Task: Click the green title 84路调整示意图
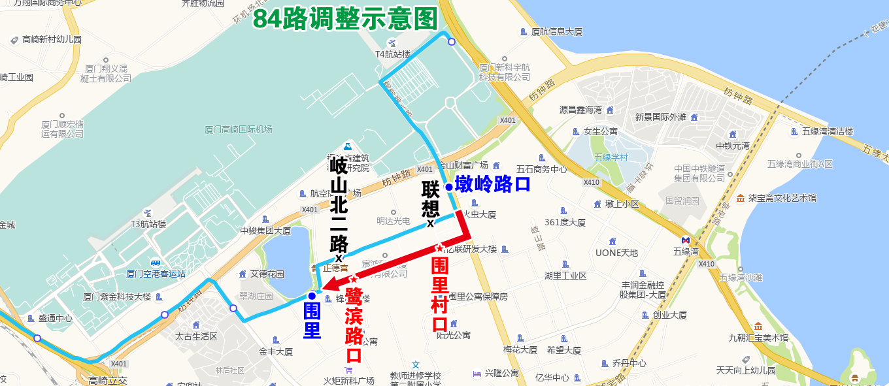point(345,19)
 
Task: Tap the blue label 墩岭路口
point(492,184)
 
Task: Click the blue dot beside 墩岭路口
point(449,187)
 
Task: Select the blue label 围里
point(312,318)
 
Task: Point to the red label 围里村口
point(440,295)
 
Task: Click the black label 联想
point(430,199)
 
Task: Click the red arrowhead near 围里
point(329,285)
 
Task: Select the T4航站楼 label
point(393,54)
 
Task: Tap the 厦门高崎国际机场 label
point(238,129)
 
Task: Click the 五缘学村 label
point(611,157)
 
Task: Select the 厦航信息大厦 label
point(556,31)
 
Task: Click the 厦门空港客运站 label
point(156,274)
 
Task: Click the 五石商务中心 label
point(541,169)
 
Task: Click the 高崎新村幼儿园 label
point(52,40)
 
